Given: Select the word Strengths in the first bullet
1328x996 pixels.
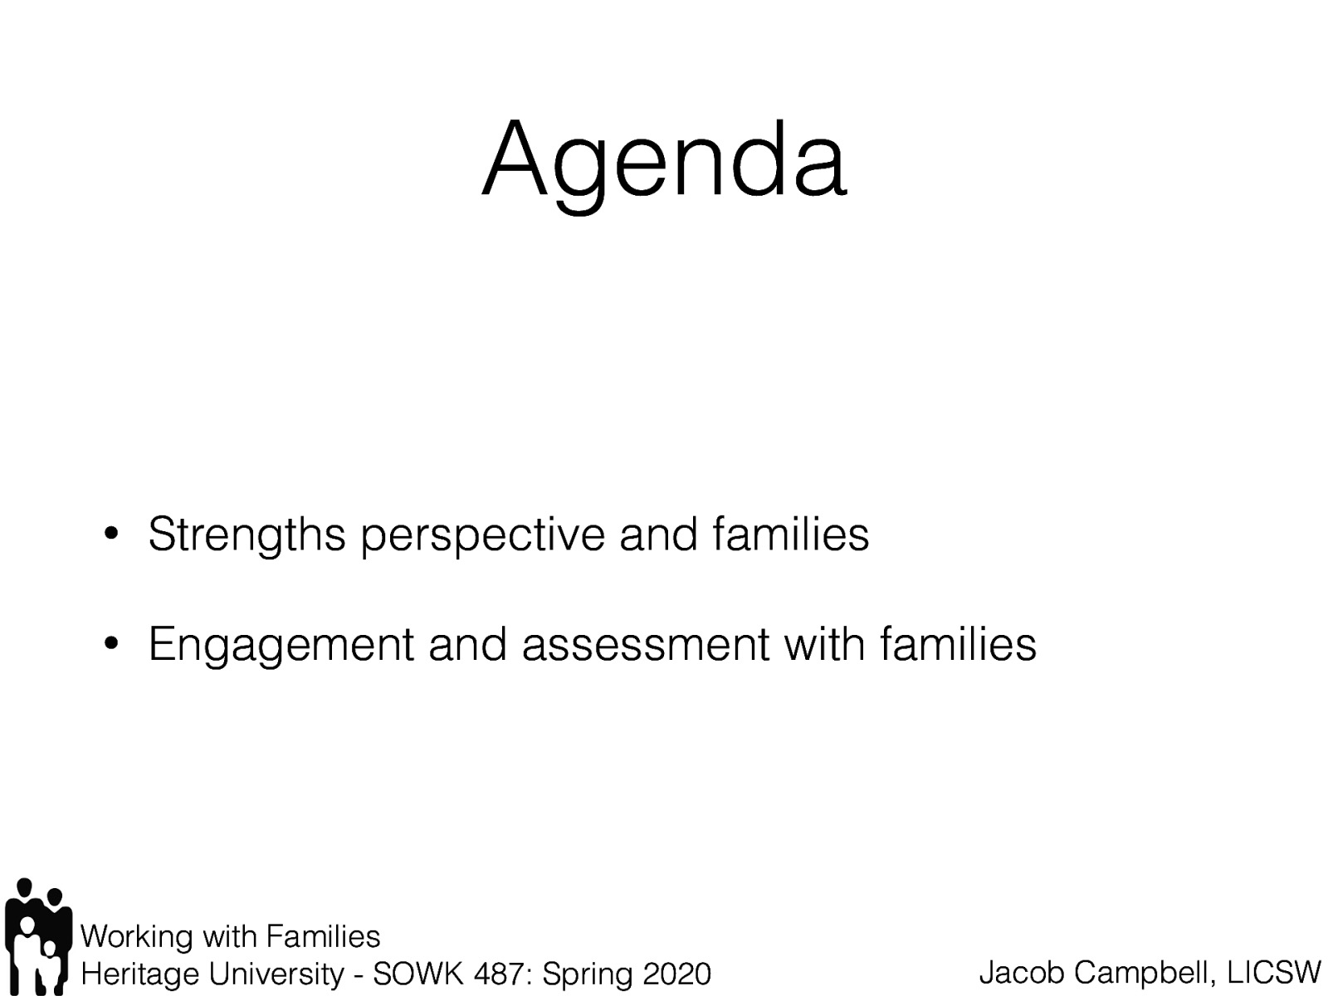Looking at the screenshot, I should point(247,535).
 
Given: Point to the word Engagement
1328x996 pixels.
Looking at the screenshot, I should point(281,645).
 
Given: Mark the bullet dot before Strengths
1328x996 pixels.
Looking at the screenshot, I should point(110,535).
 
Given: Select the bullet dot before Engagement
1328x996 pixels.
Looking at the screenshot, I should point(110,644).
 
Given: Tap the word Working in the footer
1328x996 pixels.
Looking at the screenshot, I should point(137,937).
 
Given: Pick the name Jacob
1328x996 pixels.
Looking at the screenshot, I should point(1022,971).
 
